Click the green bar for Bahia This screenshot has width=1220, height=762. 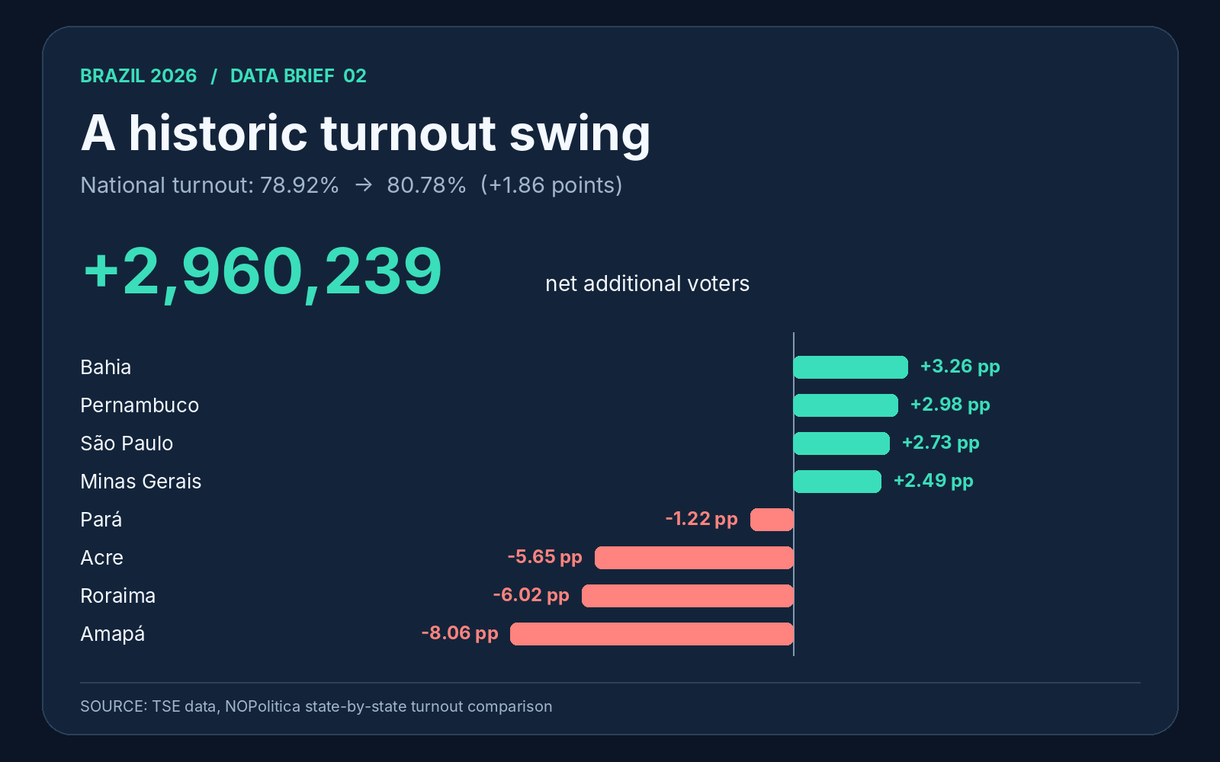coord(851,367)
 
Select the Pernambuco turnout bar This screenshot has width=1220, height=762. coord(846,405)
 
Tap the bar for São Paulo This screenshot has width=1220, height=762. coord(842,443)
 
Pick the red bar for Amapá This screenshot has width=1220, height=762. coord(652,633)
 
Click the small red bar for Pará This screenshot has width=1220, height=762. coord(772,519)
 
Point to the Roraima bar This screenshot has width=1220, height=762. coord(688,595)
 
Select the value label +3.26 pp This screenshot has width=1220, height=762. coord(960,367)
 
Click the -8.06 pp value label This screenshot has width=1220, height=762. coord(461,633)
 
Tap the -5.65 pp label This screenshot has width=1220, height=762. coord(544,557)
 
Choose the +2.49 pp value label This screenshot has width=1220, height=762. coord(933,481)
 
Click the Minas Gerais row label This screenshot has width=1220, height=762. coord(140,481)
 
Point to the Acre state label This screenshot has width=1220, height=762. coord(102,557)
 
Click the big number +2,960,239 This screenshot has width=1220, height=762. coord(262,271)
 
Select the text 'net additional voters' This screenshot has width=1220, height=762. coord(647,283)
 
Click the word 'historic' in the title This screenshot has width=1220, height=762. coord(218,133)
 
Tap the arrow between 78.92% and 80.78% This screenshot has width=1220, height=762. coord(363,185)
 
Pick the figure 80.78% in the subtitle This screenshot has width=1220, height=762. coord(426,185)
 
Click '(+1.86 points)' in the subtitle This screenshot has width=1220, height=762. coord(551,185)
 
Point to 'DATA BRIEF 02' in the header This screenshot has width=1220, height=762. coord(298,75)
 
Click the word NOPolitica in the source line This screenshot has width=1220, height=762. coord(262,706)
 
